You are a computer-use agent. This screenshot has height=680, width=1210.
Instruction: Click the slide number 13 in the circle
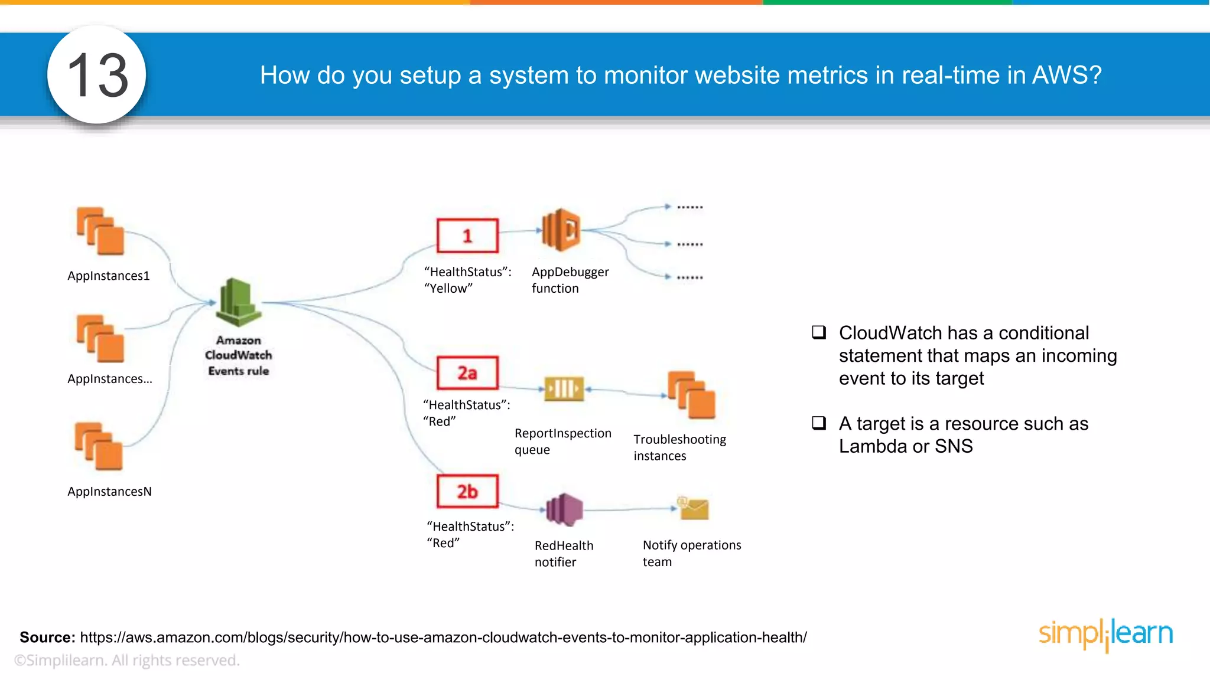(97, 75)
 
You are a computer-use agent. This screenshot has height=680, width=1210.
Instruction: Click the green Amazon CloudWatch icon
(239, 302)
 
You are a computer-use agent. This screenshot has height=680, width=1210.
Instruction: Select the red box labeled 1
(467, 236)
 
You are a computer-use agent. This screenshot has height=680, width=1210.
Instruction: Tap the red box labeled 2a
(467, 372)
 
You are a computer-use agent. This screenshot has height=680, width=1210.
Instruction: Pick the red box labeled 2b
(467, 491)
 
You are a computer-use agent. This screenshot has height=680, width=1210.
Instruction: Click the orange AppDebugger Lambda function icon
(561, 230)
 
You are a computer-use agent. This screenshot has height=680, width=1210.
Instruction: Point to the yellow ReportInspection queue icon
(564, 389)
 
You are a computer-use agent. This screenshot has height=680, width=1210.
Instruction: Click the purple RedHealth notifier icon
(564, 509)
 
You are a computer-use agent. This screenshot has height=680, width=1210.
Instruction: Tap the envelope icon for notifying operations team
(694, 508)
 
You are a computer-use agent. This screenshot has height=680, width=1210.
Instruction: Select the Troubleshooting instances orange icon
(691, 395)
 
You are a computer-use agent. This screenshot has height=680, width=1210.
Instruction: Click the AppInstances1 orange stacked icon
(100, 231)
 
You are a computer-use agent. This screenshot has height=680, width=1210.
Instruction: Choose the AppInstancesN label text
(109, 491)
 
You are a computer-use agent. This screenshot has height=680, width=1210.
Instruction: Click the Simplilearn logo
(1105, 635)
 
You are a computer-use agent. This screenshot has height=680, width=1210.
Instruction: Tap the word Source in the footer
(47, 637)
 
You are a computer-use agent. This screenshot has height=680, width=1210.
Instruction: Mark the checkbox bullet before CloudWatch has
(819, 332)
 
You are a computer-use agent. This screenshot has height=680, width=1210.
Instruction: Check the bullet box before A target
(819, 423)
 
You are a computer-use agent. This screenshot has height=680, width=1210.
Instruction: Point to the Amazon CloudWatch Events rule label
(239, 355)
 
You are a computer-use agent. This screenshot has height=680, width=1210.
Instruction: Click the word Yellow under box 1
(449, 289)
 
